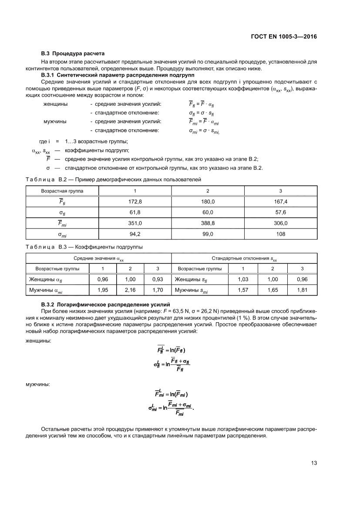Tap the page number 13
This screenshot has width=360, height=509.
pos(314,463)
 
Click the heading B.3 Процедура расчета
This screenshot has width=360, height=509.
pos(73,54)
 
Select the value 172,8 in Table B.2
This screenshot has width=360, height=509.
pos(135,202)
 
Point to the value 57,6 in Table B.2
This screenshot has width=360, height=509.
pos(281,212)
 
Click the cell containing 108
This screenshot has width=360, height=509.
pos(281,234)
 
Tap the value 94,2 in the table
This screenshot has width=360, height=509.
pos(135,234)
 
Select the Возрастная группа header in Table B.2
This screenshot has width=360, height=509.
pos(62,191)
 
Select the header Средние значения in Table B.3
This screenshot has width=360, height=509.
pos(98,259)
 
